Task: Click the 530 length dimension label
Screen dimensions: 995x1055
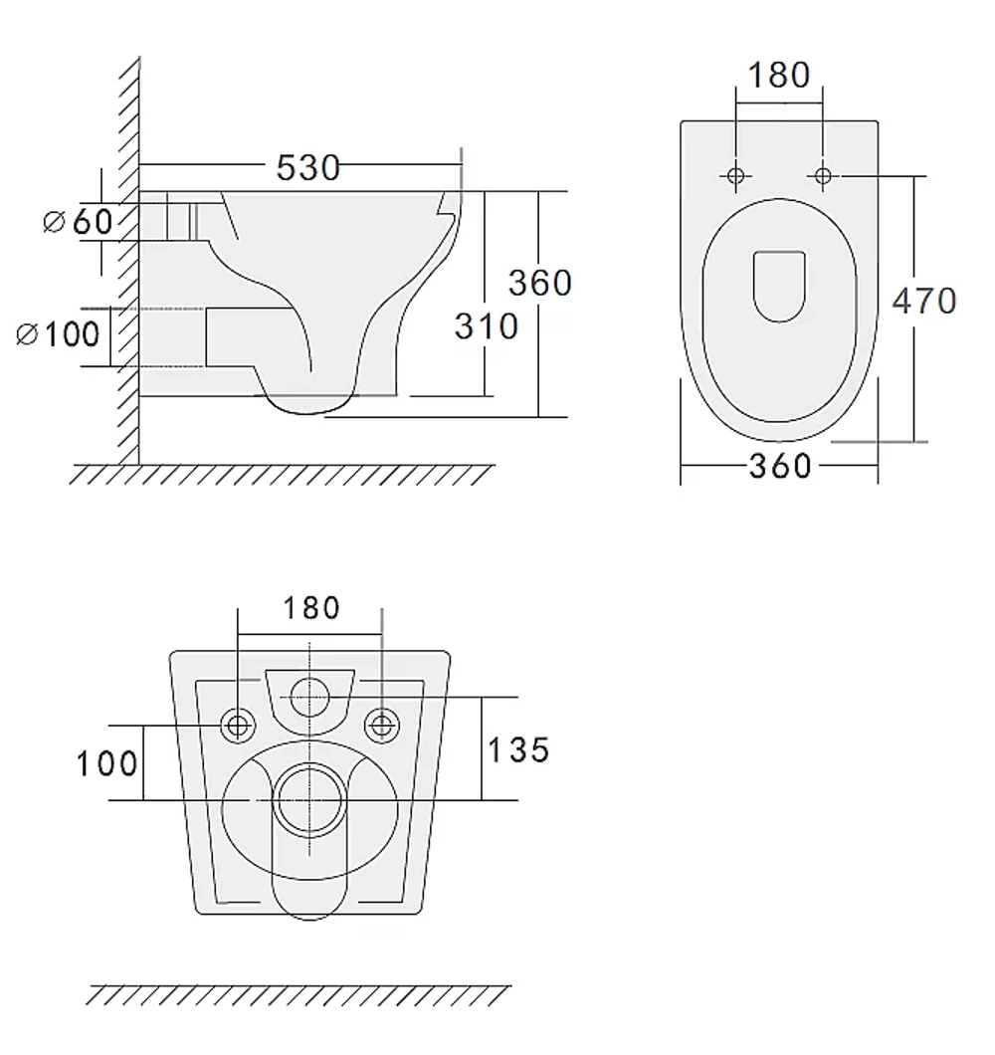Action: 308,167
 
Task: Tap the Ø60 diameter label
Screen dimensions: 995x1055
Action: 78,221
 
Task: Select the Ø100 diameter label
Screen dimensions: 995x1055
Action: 58,333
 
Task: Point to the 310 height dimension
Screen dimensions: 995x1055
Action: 487,326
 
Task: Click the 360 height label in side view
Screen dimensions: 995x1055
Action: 540,283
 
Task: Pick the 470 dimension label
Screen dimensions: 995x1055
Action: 924,301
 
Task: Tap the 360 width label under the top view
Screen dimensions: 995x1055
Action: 780,466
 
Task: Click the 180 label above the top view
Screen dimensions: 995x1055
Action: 779,75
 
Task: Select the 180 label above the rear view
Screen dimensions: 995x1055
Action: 311,608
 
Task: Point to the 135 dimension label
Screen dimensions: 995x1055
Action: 518,750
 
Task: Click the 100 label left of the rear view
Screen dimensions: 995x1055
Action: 107,764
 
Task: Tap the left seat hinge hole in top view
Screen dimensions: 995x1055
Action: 736,175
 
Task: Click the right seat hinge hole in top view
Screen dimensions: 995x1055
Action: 823,175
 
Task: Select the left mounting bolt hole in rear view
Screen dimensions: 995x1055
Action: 238,726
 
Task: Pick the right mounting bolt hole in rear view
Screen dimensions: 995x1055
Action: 381,726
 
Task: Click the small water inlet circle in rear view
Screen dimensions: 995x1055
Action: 309,698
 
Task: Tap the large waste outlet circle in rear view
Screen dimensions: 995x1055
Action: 309,800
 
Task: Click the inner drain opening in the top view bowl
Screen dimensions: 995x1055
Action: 779,287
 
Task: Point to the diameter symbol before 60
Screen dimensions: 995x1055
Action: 53,221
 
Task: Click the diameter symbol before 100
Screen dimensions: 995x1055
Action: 26,334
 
